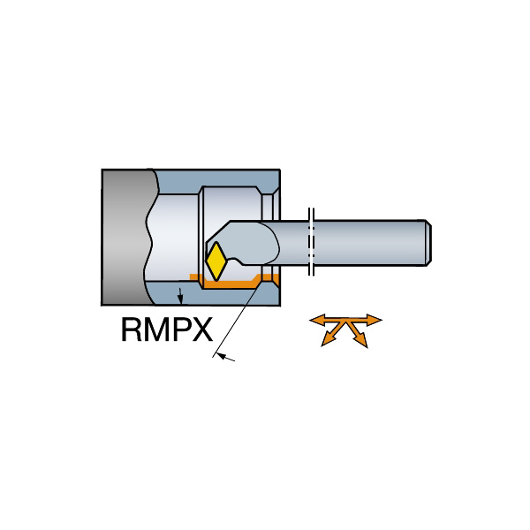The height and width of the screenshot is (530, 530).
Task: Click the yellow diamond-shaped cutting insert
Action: (x=216, y=261)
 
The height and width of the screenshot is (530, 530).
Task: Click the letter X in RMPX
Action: (x=203, y=329)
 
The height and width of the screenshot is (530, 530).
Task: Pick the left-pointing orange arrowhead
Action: (x=317, y=320)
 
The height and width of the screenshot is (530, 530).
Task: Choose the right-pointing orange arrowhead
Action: (x=374, y=320)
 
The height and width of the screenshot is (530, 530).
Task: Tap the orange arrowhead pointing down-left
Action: (x=328, y=340)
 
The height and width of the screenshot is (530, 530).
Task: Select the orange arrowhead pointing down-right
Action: (x=361, y=340)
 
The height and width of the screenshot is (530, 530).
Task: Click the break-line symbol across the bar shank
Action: (x=311, y=242)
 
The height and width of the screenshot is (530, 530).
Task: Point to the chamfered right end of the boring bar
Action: (x=428, y=243)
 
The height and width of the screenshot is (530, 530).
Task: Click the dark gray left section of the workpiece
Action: (x=126, y=238)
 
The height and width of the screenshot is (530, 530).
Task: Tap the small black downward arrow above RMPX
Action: (x=180, y=296)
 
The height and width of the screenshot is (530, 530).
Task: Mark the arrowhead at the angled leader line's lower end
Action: (x=221, y=356)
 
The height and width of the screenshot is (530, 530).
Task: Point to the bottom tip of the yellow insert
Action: (x=216, y=281)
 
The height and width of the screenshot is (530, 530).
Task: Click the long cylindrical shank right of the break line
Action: (x=369, y=243)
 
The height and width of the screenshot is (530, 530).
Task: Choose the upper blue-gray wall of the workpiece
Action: (x=216, y=179)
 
